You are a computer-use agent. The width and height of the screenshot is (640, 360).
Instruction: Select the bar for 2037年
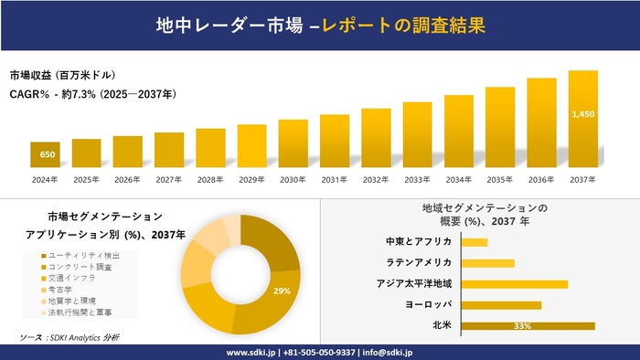582,119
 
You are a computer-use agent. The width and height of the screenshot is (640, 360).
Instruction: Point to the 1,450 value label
582,114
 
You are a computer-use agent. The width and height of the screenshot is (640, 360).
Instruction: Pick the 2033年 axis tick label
417,179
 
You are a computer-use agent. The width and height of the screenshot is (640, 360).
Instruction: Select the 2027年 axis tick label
169,179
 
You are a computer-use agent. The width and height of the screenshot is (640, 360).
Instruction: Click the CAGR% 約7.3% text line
93,94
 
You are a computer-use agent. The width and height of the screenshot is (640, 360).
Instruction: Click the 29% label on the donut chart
283,291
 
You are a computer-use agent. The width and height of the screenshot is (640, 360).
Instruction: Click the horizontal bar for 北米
528,325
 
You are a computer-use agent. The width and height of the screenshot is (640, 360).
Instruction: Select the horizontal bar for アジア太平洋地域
515,283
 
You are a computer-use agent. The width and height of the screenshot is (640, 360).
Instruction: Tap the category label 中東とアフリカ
419,242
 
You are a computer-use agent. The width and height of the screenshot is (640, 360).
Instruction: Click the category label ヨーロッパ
425,304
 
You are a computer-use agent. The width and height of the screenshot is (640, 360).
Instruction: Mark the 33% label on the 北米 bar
523,325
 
